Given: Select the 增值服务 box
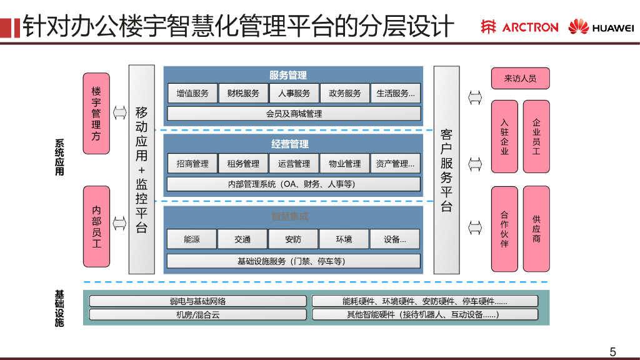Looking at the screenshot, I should pyautogui.click(x=192, y=93).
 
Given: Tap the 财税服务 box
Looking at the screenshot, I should pyautogui.click(x=242, y=93).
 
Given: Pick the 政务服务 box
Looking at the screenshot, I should pyautogui.click(x=344, y=93).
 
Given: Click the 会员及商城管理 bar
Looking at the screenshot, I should pyautogui.click(x=294, y=114).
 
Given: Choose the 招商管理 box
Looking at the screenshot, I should pyautogui.click(x=192, y=164).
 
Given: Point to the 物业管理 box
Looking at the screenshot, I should pyautogui.click(x=344, y=164).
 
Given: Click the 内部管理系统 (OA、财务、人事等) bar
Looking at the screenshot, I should pyautogui.click(x=294, y=184).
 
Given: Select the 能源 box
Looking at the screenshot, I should pyautogui.click(x=192, y=239).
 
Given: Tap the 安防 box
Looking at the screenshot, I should pyautogui.click(x=293, y=239).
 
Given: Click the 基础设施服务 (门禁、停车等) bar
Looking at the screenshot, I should pyautogui.click(x=294, y=261).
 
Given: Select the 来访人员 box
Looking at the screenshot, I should pyautogui.click(x=520, y=79).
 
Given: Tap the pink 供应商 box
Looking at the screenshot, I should pyautogui.click(x=536, y=229).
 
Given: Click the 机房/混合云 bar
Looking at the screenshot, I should pyautogui.click(x=198, y=315).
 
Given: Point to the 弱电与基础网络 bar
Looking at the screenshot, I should pyautogui.click(x=198, y=301).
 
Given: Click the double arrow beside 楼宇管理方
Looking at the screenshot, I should pyautogui.click(x=119, y=113).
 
